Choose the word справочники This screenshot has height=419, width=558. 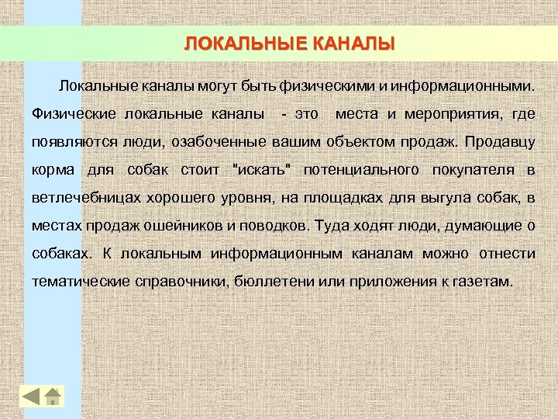click(x=176, y=282)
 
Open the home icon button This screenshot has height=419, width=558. click(x=53, y=396)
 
